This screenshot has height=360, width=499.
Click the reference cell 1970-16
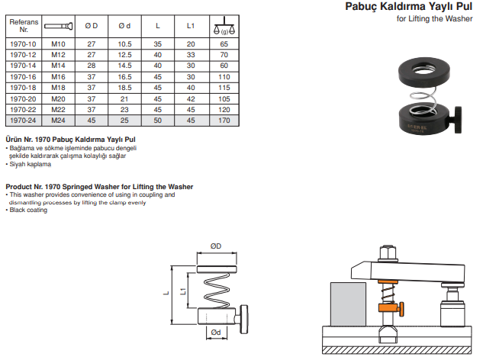[23, 77]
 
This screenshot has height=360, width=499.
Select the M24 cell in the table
[58, 121]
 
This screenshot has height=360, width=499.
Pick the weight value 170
[224, 121]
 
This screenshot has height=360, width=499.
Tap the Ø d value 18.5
[124, 88]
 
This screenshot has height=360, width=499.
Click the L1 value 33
[191, 55]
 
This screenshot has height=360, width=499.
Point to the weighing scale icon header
[224, 26]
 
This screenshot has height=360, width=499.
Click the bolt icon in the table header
[58, 26]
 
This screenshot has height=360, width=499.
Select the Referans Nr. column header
[24, 26]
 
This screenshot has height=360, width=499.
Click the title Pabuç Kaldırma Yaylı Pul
[409, 6]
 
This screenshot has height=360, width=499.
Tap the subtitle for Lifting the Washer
[434, 19]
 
